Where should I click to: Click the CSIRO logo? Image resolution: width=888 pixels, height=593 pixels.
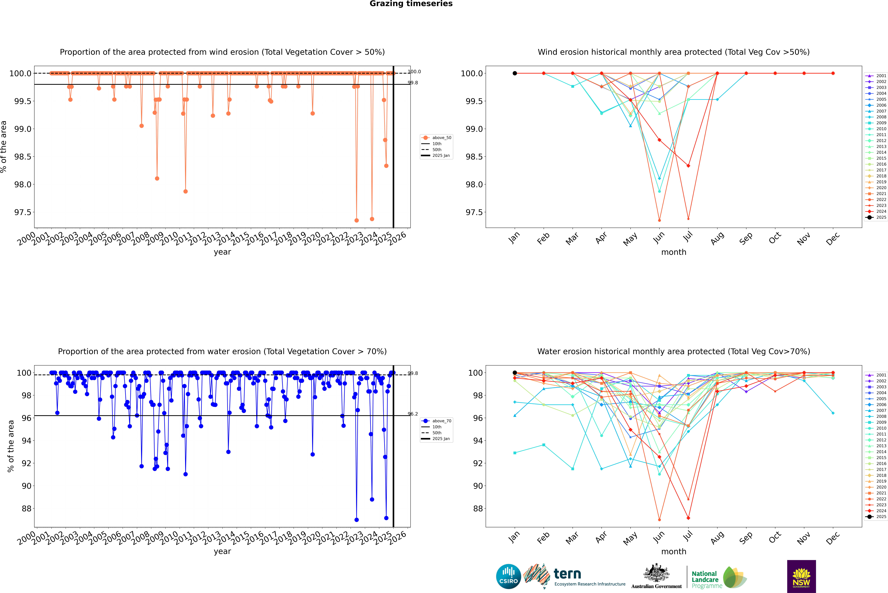coord(508,576)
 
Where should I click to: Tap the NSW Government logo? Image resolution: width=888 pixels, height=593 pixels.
coord(801,576)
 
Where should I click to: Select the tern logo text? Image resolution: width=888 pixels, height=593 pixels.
coord(567,574)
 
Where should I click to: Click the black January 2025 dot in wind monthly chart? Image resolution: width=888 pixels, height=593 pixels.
coord(515,73)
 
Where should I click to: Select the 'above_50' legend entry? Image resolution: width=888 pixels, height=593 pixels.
coord(441,138)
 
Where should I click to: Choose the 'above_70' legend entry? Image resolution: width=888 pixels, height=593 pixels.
coord(441,421)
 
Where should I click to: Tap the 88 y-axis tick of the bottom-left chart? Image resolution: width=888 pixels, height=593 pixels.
coord(26,509)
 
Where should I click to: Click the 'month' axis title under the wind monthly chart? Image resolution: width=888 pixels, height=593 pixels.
coord(673,252)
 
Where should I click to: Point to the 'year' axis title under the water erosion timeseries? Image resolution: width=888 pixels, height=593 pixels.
coord(222,551)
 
